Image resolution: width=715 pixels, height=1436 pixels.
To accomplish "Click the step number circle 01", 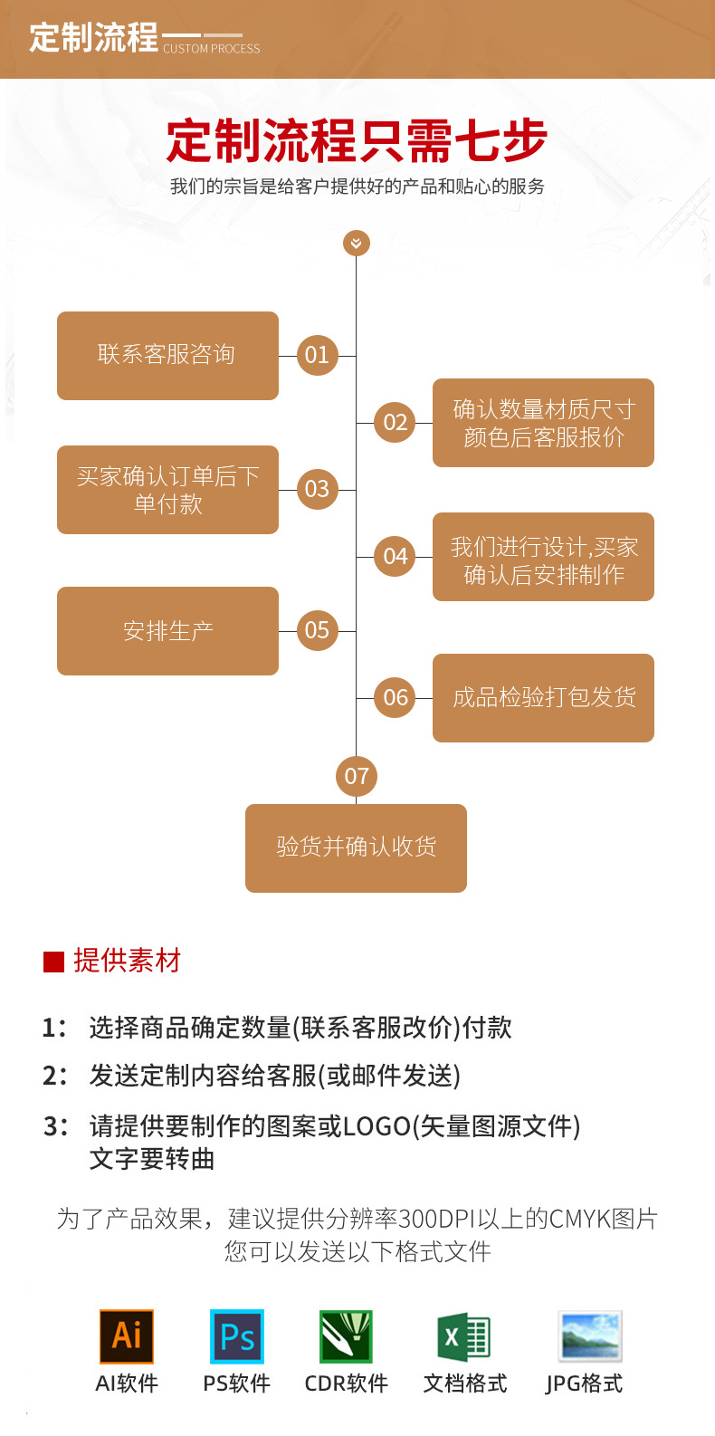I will point(317,355).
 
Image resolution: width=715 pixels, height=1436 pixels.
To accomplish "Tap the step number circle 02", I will point(395,422).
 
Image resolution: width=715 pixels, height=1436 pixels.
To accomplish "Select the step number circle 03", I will point(317,489).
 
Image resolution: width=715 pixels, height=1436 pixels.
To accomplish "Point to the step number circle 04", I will point(395,556).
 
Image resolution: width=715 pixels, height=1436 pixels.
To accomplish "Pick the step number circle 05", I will point(317,630).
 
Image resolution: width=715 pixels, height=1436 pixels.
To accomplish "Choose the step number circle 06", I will point(395,697).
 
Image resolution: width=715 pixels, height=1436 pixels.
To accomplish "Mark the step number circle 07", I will point(357,776).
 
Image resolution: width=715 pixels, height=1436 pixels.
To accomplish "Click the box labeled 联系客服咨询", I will point(167,355).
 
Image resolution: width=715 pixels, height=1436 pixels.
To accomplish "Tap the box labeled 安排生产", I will point(167,630).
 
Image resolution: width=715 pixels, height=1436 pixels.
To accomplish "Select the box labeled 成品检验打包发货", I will point(543,697).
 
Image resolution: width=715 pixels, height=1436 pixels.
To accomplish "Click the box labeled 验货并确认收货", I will point(356,847).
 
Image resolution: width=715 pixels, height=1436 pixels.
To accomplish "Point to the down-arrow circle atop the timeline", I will point(357,243).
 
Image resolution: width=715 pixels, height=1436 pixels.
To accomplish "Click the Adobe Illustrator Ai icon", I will point(127,1336).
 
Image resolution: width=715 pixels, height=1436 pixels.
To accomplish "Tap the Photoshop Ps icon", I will point(237,1336).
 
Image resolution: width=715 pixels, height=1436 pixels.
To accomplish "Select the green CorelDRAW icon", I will point(346,1336).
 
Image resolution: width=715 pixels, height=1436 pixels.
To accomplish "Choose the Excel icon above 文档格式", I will point(463,1336).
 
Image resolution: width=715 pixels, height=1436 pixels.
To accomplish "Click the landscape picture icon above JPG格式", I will point(590,1336).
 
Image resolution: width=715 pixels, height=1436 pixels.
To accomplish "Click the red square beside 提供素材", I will point(53,962).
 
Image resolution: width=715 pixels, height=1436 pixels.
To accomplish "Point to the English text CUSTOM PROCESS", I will point(211,49).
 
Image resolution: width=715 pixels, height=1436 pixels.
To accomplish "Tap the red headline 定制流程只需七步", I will point(357,141).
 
